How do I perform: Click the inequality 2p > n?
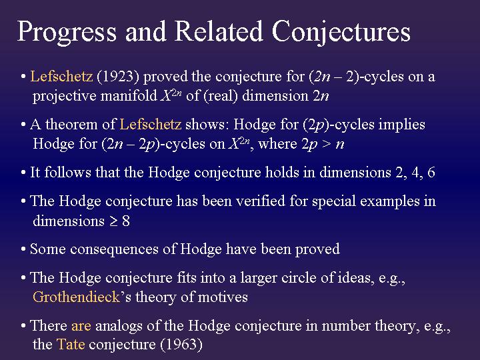(x=321, y=143)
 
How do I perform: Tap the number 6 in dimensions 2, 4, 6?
(x=431, y=173)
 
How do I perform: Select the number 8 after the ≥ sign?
(x=125, y=221)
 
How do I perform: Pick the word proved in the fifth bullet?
(x=317, y=249)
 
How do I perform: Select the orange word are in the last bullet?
(x=81, y=326)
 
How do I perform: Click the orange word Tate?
(x=71, y=345)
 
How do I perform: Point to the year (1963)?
(x=180, y=345)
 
